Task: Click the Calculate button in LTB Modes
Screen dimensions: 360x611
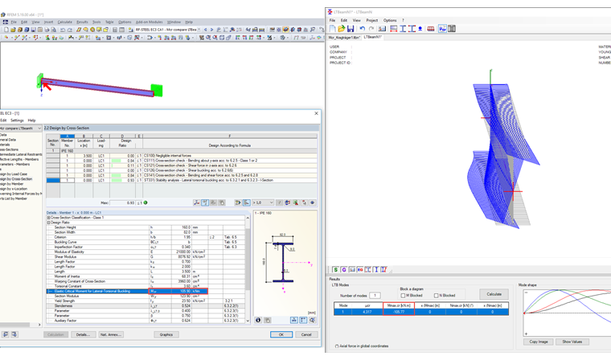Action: [x=494, y=294]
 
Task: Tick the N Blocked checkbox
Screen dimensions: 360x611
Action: [x=436, y=295]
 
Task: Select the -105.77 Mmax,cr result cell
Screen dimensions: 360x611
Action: [x=399, y=312]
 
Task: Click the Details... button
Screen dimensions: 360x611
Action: [x=83, y=334]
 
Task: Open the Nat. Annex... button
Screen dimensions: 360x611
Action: [x=110, y=334]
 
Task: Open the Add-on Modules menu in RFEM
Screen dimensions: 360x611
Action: [x=149, y=22]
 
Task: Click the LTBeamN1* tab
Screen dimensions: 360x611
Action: [x=373, y=37]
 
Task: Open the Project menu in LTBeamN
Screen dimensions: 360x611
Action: [x=371, y=20]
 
